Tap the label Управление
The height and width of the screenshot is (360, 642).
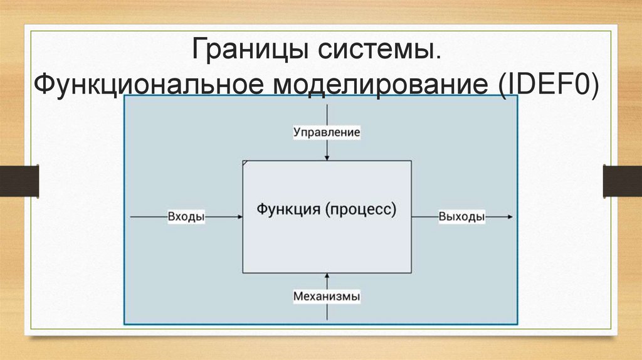327,132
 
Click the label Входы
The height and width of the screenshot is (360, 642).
186,216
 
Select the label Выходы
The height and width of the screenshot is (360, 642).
462,216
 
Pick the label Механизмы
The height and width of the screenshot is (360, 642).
327,297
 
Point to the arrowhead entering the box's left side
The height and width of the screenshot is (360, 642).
239,216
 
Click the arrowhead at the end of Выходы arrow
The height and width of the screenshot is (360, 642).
510,216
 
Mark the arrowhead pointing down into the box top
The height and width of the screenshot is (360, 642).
327,157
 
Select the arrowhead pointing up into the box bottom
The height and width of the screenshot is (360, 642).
327,276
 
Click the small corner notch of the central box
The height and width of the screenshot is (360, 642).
245,163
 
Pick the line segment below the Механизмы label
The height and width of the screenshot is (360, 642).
327,314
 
